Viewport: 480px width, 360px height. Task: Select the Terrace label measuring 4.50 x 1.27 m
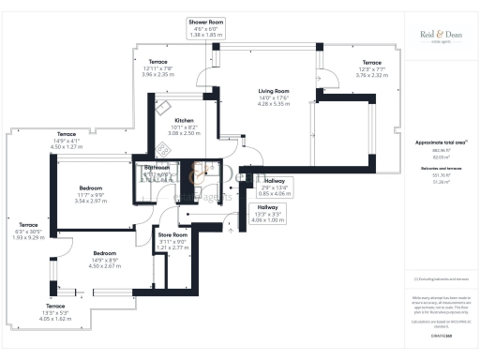(67, 134)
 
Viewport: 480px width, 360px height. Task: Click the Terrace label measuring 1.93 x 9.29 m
(29, 225)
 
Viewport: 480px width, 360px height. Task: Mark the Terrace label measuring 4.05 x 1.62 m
(56, 307)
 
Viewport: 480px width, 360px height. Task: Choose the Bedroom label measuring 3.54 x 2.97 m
(90, 188)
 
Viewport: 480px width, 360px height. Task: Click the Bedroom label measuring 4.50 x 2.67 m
(106, 253)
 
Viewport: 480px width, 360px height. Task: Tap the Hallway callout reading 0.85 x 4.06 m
(275, 180)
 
